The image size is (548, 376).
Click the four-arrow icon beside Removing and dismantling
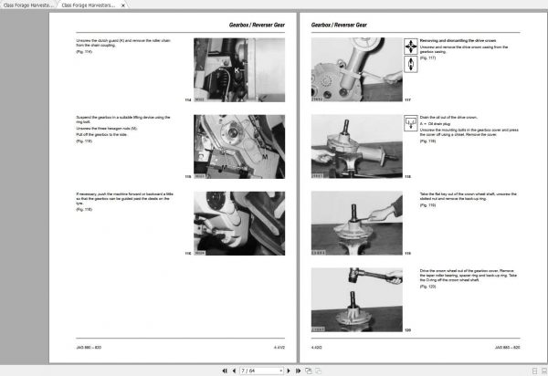tap(410, 43)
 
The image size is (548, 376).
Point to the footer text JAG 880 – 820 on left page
tap(90, 348)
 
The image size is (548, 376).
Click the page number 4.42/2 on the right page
tap(319, 348)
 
